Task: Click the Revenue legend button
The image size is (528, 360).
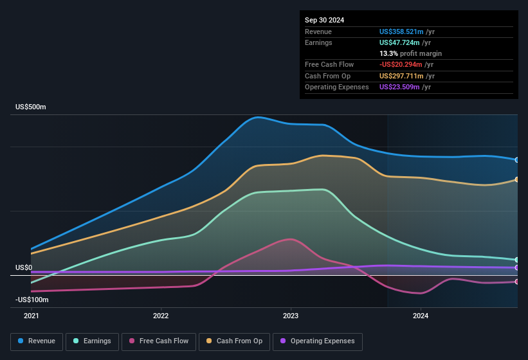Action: [x=37, y=341]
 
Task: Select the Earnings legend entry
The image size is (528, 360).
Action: [x=92, y=341]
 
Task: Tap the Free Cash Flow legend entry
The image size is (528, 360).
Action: [x=158, y=341]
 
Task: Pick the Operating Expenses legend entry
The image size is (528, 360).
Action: [x=317, y=341]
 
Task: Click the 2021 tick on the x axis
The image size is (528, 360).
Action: [x=32, y=316]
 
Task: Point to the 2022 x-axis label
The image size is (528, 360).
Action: [x=161, y=316]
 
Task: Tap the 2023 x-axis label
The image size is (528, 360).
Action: [x=291, y=316]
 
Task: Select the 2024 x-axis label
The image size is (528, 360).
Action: [x=421, y=316]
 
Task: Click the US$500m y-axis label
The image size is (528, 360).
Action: [x=31, y=107]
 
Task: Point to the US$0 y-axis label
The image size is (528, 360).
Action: [x=24, y=267]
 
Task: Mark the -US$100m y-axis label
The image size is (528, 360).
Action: [x=32, y=300]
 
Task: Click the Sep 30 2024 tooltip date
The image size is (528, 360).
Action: [x=324, y=20]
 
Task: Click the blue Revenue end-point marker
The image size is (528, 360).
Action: [x=517, y=160]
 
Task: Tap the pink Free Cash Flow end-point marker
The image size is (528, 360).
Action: [x=517, y=282]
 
